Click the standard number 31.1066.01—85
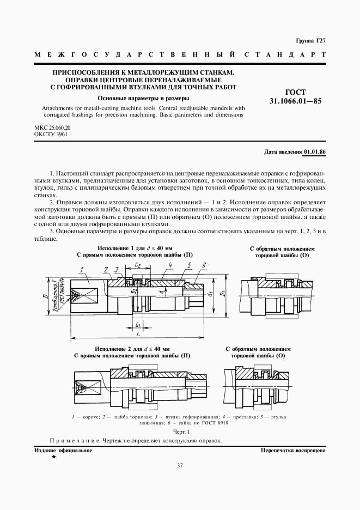coord(295,101)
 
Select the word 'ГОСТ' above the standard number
coord(295,92)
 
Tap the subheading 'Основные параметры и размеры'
coord(143,99)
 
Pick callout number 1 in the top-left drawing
coord(81,269)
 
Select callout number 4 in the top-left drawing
coord(170,265)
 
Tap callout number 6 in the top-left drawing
coord(203,265)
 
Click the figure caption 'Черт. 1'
coord(179,431)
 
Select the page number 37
coord(180,465)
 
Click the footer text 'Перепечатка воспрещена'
coord(293,451)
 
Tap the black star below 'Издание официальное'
coord(53,457)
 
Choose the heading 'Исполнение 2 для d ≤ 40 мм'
coord(132,348)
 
